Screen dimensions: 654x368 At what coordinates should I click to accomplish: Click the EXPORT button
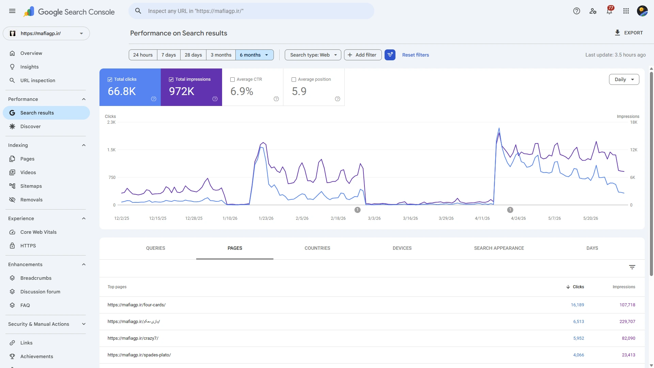[x=628, y=33]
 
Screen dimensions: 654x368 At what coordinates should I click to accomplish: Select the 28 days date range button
[x=193, y=55]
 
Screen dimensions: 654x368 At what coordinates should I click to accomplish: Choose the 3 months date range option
[x=221, y=55]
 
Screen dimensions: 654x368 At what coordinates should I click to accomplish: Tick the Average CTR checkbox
[x=233, y=79]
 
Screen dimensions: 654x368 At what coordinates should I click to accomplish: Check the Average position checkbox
[x=294, y=79]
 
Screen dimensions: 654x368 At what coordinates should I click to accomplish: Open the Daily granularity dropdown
[x=624, y=79]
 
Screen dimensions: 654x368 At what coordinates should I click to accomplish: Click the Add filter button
[x=363, y=55]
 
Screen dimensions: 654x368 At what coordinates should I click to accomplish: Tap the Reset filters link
[x=416, y=55]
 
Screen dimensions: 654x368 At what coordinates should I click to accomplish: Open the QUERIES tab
[x=156, y=248]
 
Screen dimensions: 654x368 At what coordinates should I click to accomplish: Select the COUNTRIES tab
[x=317, y=248]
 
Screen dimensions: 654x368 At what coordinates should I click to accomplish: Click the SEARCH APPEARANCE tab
[x=499, y=248]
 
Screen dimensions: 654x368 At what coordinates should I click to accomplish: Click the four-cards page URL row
[x=137, y=305]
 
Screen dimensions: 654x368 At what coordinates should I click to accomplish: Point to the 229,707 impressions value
[x=627, y=322]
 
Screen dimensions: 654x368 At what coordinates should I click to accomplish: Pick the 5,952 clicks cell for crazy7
[x=579, y=338]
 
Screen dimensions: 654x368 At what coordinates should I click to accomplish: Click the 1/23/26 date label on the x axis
[x=266, y=218]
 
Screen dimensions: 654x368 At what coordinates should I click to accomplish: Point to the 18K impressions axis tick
[x=634, y=122]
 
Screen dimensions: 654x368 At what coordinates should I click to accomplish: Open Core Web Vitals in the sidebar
[x=38, y=232]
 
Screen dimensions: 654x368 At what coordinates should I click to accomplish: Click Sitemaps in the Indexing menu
[x=31, y=186]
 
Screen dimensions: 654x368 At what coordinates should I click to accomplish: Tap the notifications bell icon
[x=609, y=11]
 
